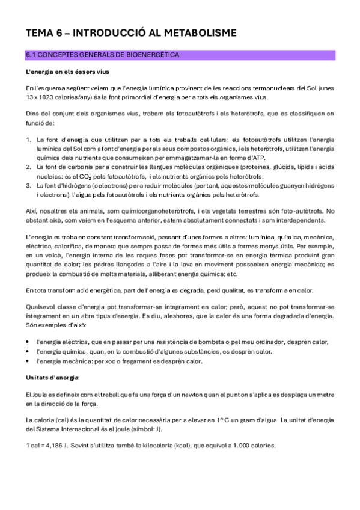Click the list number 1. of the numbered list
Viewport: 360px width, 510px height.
tap(29, 139)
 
